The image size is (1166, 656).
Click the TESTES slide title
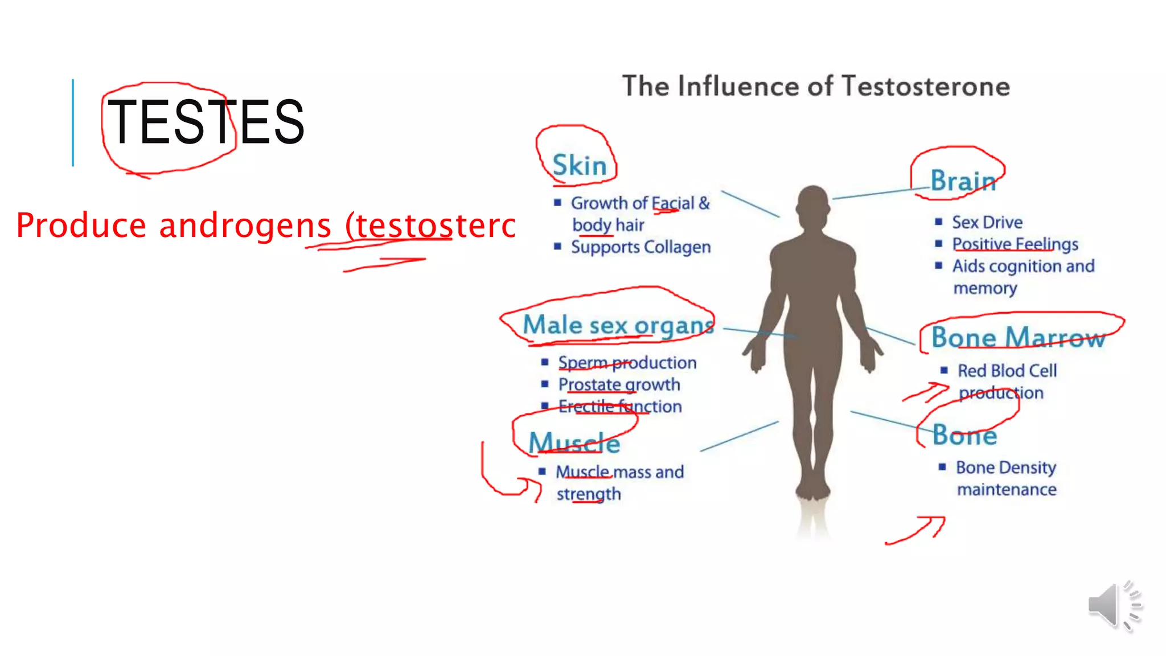click(x=206, y=121)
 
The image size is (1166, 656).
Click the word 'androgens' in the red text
click(x=245, y=225)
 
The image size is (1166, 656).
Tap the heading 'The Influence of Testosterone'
click(x=816, y=87)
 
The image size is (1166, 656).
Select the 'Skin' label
click(x=580, y=166)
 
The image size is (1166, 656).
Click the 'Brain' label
click(x=963, y=181)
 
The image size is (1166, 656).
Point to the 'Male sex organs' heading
click(x=618, y=325)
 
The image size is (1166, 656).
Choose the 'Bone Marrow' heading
click(x=1018, y=338)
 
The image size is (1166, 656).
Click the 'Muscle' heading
click(x=574, y=442)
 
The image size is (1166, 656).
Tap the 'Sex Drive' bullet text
click(x=987, y=222)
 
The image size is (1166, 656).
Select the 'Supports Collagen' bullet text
click(x=641, y=247)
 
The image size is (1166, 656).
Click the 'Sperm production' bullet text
click(x=627, y=363)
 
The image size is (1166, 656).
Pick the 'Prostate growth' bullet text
click(x=619, y=385)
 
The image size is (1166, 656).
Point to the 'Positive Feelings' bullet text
click(x=1015, y=244)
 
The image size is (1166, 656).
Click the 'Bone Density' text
click(x=1006, y=468)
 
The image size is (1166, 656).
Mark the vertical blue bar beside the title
click(x=73, y=122)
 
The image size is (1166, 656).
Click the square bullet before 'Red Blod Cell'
click(x=944, y=371)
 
